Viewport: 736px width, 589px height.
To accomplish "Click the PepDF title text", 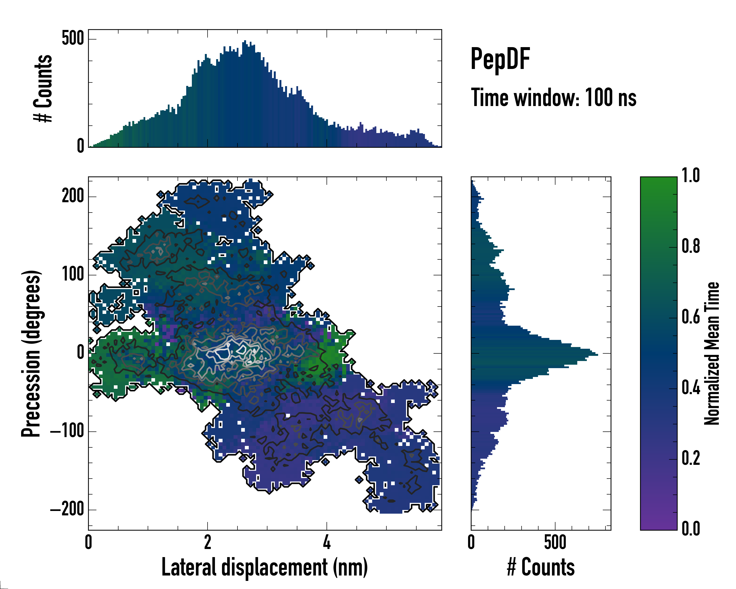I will pos(500,59).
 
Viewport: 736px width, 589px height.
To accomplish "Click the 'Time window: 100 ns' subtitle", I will pos(553,98).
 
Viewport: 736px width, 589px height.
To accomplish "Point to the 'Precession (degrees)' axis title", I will pos(31,353).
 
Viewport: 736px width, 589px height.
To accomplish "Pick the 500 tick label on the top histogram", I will pos(73,38).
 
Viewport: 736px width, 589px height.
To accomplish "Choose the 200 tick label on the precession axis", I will pos(73,196).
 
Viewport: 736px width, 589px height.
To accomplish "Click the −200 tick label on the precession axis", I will pos(67,509).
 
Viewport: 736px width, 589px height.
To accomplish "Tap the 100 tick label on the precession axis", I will pos(73,275).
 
